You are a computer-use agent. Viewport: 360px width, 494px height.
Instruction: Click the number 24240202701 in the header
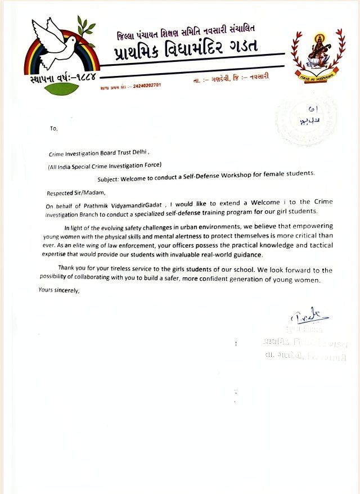(x=147, y=86)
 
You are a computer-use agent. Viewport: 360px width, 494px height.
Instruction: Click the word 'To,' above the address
(x=54, y=128)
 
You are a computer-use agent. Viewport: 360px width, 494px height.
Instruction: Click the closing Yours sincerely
(x=59, y=290)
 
